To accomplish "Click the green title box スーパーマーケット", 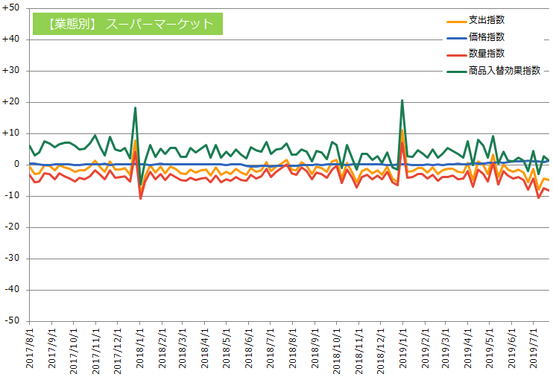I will (x=127, y=24).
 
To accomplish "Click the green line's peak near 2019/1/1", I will (x=402, y=100).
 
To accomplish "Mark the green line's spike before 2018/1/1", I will (x=135, y=107).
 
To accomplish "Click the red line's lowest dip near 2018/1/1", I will (x=141, y=198).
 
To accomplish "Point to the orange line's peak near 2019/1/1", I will (x=402, y=130).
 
